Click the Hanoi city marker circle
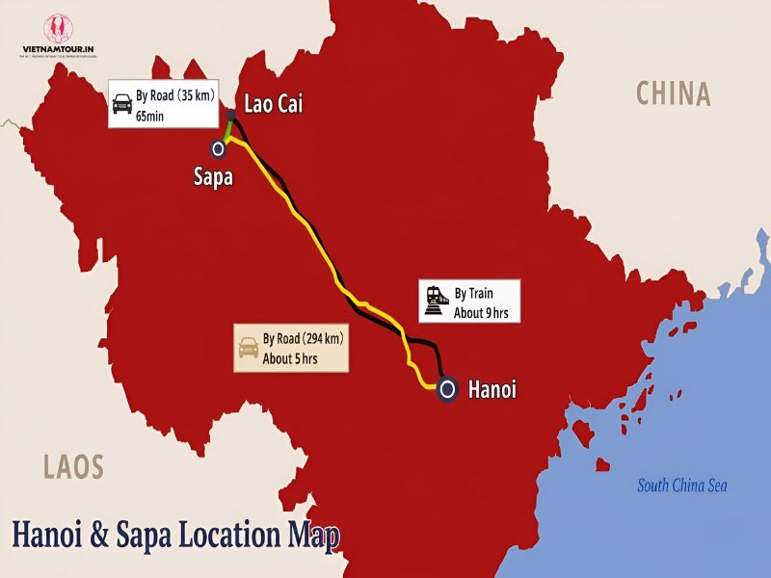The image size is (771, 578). point(446,389)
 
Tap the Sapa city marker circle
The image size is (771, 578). point(219,148)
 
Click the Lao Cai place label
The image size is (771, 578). point(274,104)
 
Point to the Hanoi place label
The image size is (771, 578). point(492,390)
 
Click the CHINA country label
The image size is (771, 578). point(674,93)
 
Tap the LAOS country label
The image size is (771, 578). point(73,468)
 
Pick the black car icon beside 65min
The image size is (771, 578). point(122,104)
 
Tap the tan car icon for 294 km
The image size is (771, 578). point(249,349)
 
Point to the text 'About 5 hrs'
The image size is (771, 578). point(289,358)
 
